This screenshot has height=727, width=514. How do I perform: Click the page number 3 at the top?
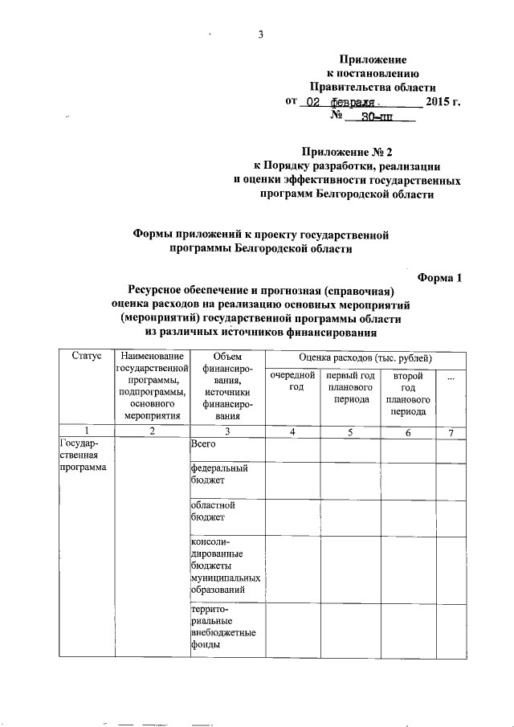pos(260,34)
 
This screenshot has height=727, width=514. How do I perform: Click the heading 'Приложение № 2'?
pos(344,151)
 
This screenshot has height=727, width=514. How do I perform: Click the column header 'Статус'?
pos(86,356)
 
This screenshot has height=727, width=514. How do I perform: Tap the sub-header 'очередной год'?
pos(292,382)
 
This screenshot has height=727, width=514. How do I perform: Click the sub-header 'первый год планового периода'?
pos(349,387)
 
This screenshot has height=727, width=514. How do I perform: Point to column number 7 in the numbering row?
pos(451,433)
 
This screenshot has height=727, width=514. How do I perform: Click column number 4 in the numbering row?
pos(292,433)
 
